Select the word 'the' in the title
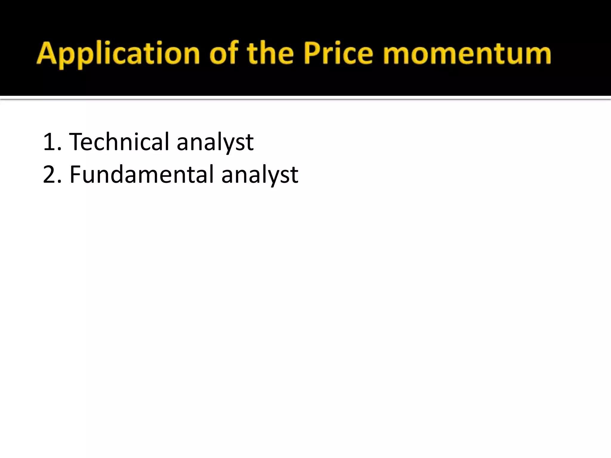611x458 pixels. pos(270,54)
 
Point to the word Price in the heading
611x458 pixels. pos(338,54)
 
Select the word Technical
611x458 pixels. pos(119,142)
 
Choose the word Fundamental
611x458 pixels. pos(141,175)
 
